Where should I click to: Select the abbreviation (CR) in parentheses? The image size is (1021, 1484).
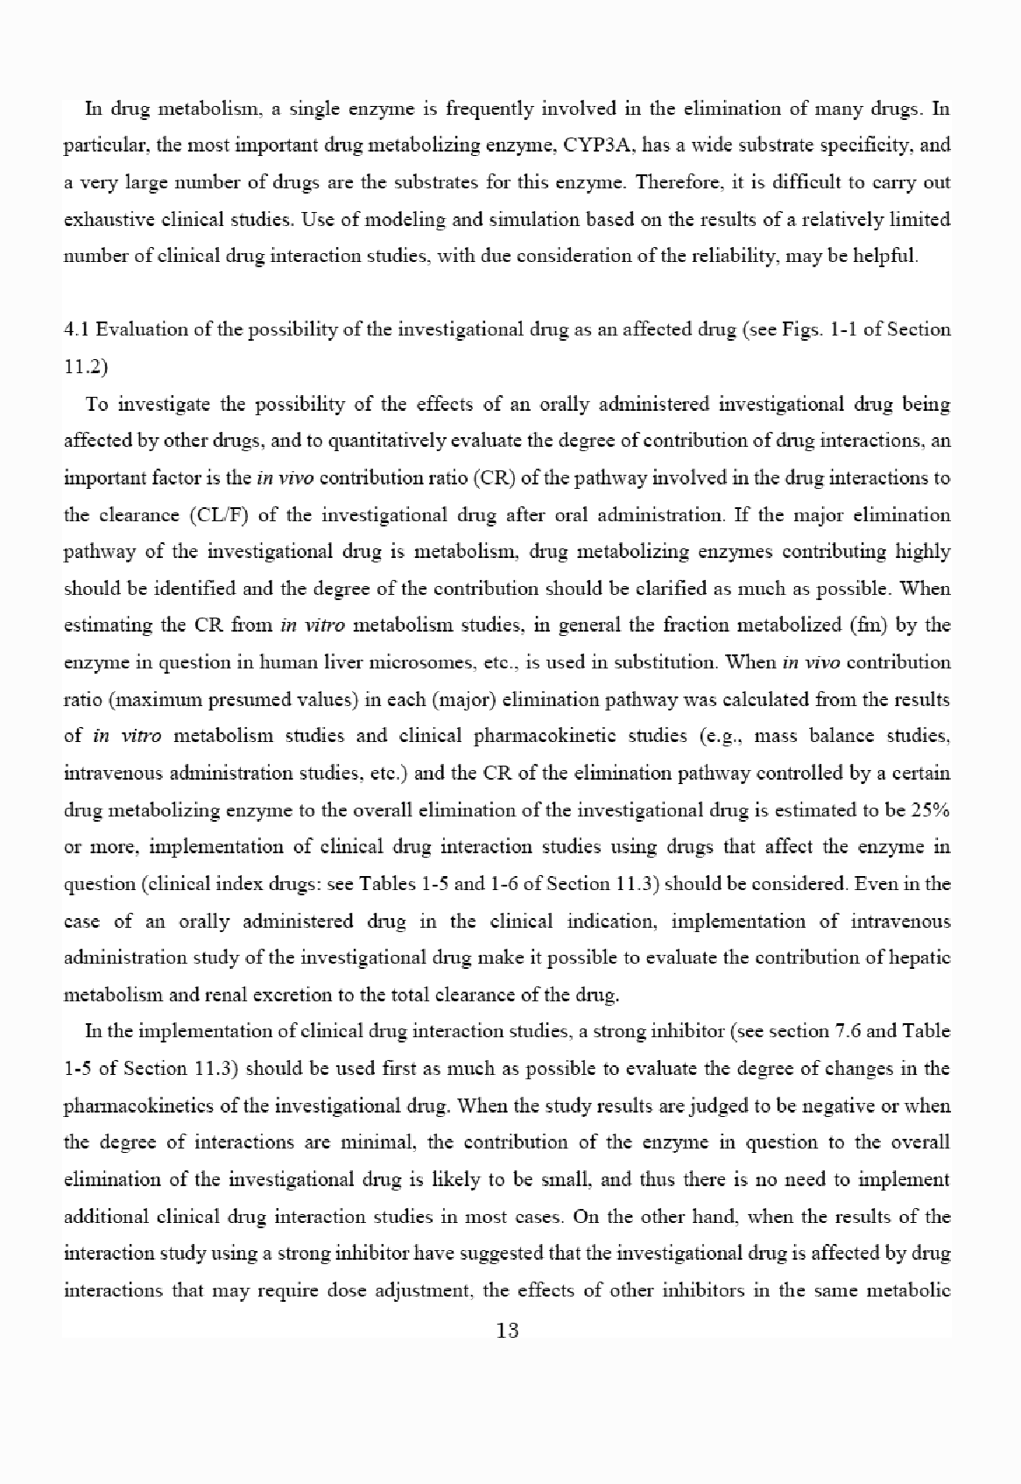coord(486,478)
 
